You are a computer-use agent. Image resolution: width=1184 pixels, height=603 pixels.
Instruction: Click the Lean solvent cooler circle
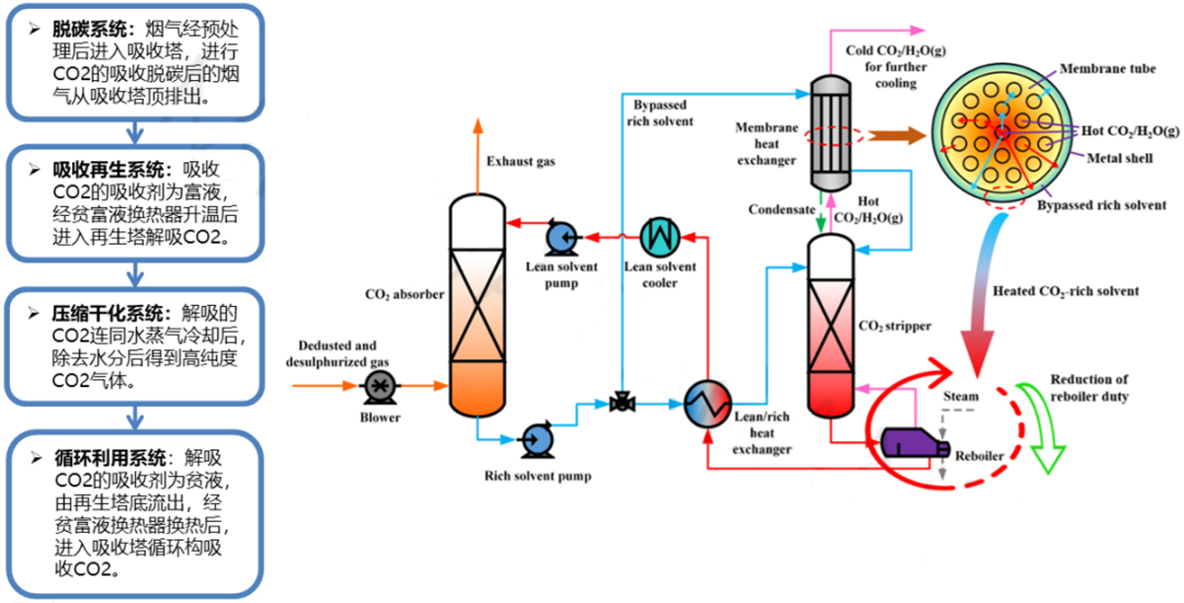pyautogui.click(x=659, y=236)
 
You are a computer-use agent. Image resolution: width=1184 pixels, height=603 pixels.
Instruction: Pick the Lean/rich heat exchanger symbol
pyautogui.click(x=706, y=402)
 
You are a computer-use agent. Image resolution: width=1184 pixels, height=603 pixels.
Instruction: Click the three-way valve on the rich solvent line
pyautogui.click(x=622, y=402)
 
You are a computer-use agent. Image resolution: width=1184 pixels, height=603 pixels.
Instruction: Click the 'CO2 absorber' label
pyautogui.click(x=405, y=293)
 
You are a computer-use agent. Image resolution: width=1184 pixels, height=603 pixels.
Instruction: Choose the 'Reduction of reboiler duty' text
pyautogui.click(x=1089, y=387)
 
